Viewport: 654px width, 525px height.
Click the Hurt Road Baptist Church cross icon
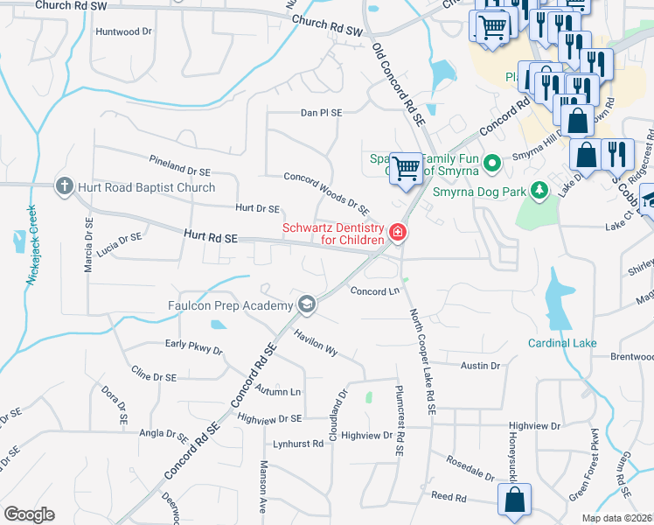[x=64, y=186]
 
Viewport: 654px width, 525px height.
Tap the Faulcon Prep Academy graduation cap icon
[x=306, y=304]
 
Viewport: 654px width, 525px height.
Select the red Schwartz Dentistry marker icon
[x=397, y=232]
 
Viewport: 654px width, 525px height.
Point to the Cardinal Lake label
[x=562, y=343]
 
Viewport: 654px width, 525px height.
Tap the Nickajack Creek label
[x=33, y=253]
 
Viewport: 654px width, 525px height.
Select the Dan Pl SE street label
[x=321, y=113]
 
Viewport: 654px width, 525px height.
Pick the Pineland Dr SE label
[x=180, y=164]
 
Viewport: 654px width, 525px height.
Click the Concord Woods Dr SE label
[x=326, y=191]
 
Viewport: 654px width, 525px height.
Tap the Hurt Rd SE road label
[x=212, y=236]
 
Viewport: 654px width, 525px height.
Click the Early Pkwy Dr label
[x=194, y=346]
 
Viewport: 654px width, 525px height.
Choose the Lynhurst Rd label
[x=297, y=444]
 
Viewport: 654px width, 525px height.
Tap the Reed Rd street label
[x=449, y=496]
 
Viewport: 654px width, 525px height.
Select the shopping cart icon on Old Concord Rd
[x=406, y=166]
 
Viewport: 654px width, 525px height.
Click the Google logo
[x=29, y=514]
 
